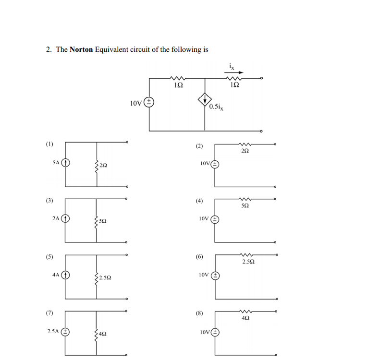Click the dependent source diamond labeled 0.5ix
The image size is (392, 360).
pyautogui.click(x=205, y=99)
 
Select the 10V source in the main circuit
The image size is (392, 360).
pyautogui.click(x=149, y=102)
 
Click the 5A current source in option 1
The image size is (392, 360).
pyautogui.click(x=65, y=163)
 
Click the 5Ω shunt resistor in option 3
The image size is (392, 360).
pyautogui.click(x=97, y=220)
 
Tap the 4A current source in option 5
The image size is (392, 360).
pyautogui.click(x=65, y=275)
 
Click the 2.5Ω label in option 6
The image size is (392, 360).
pyautogui.click(x=248, y=262)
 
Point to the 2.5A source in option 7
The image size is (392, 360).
pyautogui.click(x=65, y=331)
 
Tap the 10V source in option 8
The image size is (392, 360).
pyautogui.click(x=215, y=332)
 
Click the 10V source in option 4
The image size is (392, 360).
pyautogui.click(x=215, y=219)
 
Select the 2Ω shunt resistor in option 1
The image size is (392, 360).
pyautogui.click(x=97, y=165)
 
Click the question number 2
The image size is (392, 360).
pyautogui.click(x=49, y=49)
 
